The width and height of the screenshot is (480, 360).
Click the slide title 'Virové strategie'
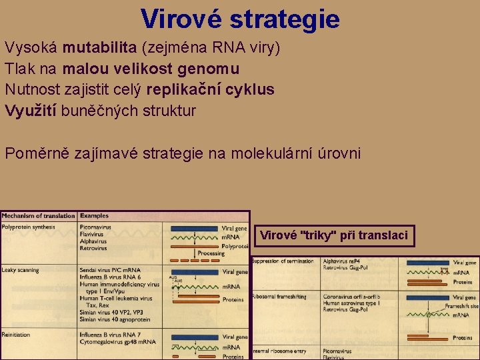[x=240, y=18]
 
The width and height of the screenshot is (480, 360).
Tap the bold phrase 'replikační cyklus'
[x=210, y=90]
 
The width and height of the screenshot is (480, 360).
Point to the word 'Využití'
[x=31, y=111]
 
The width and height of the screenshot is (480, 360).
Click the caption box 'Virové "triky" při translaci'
[x=333, y=235]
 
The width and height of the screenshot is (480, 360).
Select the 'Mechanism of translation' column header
[x=38, y=216]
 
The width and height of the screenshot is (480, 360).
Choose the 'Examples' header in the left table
[x=95, y=216]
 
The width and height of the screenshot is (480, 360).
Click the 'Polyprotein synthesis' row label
[x=28, y=227]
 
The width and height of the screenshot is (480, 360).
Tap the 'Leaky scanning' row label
[x=21, y=270]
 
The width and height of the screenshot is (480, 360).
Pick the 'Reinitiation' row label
[x=16, y=334]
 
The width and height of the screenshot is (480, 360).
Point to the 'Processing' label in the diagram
[x=211, y=253]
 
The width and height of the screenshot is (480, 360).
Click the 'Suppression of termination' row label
[x=283, y=261]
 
